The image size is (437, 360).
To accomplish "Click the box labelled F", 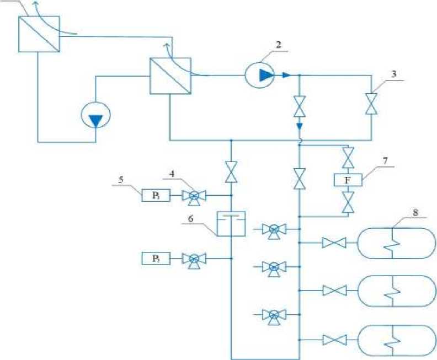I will tap(348, 180).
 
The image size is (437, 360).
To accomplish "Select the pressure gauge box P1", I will tap(156, 195).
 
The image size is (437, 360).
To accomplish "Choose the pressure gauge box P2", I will tap(156, 257).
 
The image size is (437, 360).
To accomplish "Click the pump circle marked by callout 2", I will tap(260, 75).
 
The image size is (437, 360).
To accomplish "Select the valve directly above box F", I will tap(348, 158).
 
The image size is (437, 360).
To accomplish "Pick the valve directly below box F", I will tap(348, 202).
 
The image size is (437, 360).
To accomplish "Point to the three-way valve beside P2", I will tap(194, 258).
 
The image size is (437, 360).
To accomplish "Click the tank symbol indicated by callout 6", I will tap(231, 223).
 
